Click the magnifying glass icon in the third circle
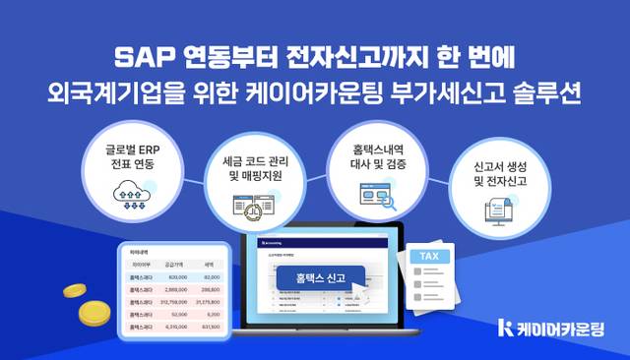coord(387,204)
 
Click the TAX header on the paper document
coord(430,257)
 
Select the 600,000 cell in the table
coord(179,278)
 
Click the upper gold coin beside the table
coord(77,291)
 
